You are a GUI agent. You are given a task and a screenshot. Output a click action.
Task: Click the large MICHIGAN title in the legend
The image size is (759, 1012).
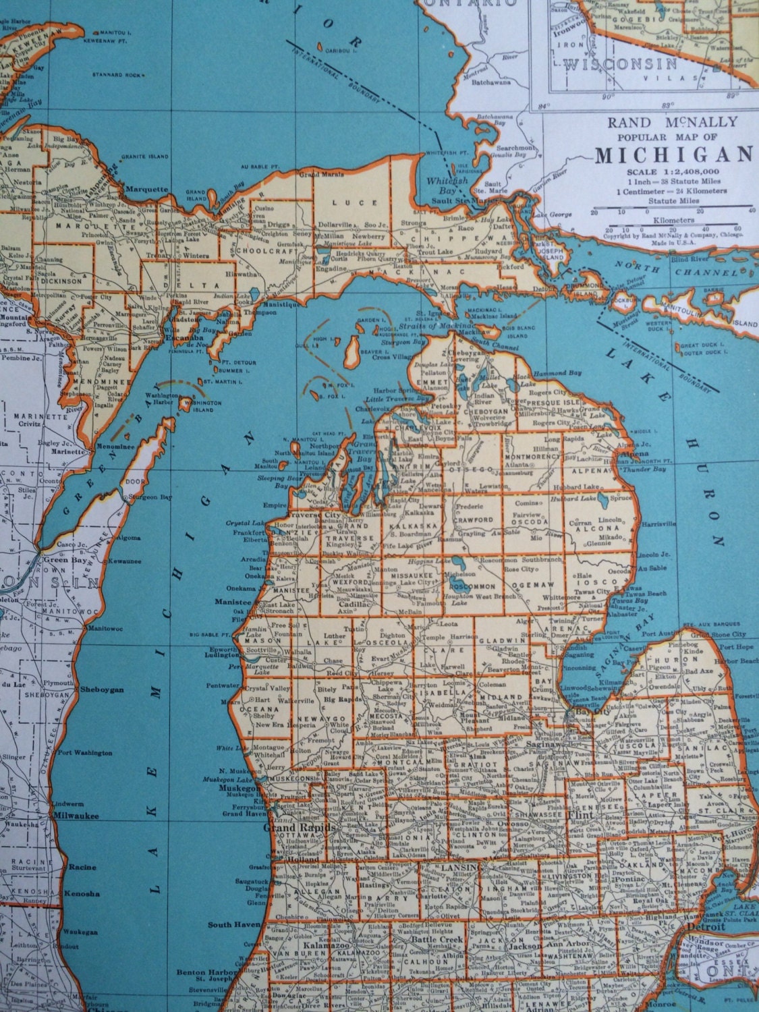(x=672, y=154)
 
